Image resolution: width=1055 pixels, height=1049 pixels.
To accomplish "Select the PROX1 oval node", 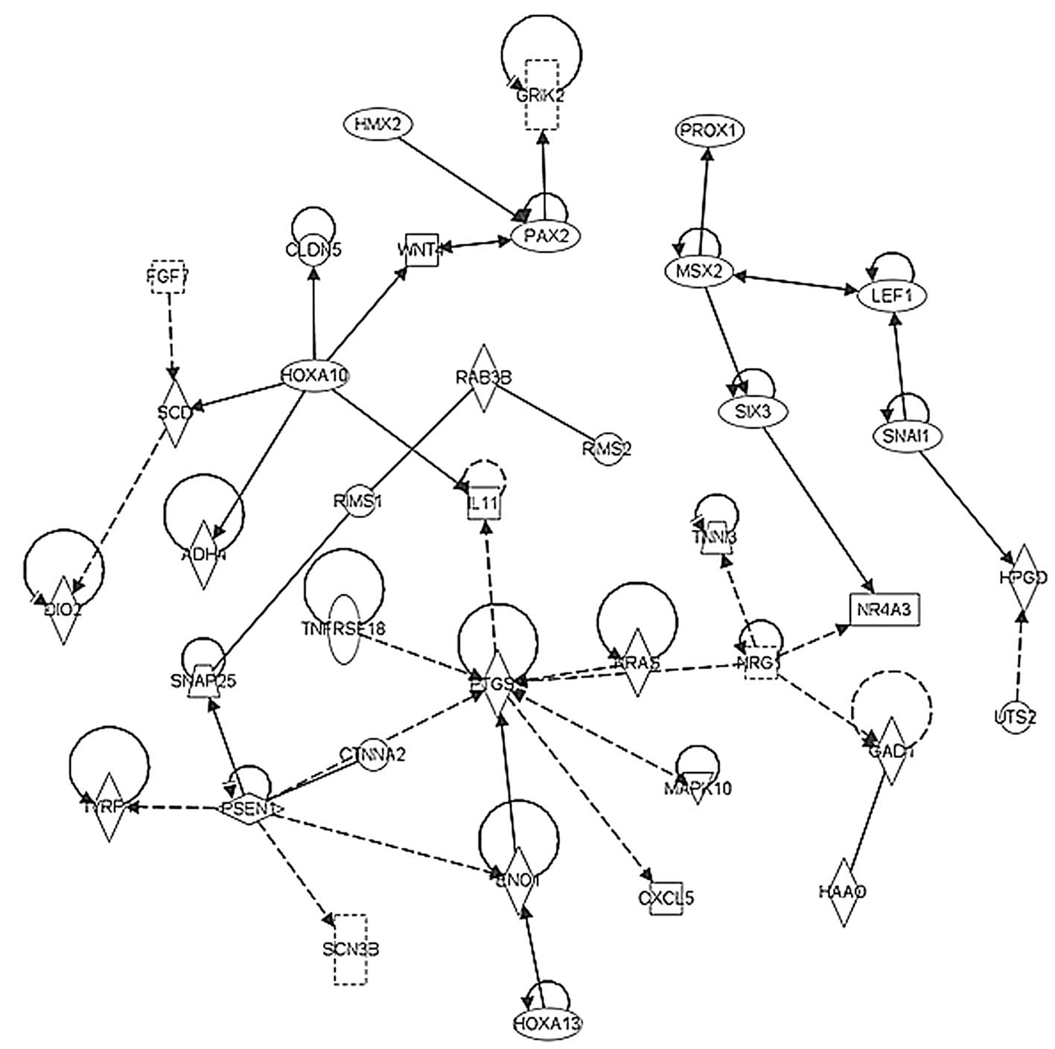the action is [710, 131].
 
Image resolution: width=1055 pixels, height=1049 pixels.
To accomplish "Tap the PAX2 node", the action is [546, 235].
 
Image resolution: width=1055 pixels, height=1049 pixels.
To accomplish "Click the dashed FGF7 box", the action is [168, 277].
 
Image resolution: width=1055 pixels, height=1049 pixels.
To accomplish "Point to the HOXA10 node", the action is [314, 375].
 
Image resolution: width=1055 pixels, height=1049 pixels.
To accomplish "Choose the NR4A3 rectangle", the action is [884, 610].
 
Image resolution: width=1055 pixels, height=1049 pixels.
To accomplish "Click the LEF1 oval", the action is [893, 296].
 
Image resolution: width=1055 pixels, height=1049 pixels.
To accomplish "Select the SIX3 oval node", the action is [753, 411].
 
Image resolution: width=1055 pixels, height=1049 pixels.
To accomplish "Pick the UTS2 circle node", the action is [1014, 717].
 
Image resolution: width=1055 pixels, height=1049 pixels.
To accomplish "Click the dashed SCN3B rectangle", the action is [349, 949].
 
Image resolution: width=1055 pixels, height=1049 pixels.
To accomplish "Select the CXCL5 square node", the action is [666, 898].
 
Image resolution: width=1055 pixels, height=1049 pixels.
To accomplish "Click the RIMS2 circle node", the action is [607, 449].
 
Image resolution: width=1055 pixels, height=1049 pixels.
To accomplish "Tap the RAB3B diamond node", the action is [484, 377].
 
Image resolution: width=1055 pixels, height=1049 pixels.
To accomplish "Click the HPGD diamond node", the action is [1023, 577].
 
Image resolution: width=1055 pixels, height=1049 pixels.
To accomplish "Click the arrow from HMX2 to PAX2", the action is [456, 174].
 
